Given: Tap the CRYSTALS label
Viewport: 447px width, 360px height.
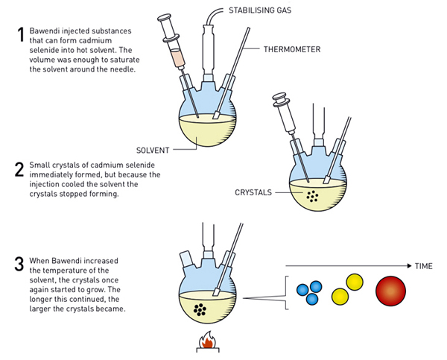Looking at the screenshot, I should point(253,192).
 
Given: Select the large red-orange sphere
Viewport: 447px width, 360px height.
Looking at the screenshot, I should point(393,291).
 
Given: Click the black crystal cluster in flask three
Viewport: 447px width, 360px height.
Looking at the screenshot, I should point(199,310).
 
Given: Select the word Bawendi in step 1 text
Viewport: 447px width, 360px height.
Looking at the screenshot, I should point(46,31).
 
